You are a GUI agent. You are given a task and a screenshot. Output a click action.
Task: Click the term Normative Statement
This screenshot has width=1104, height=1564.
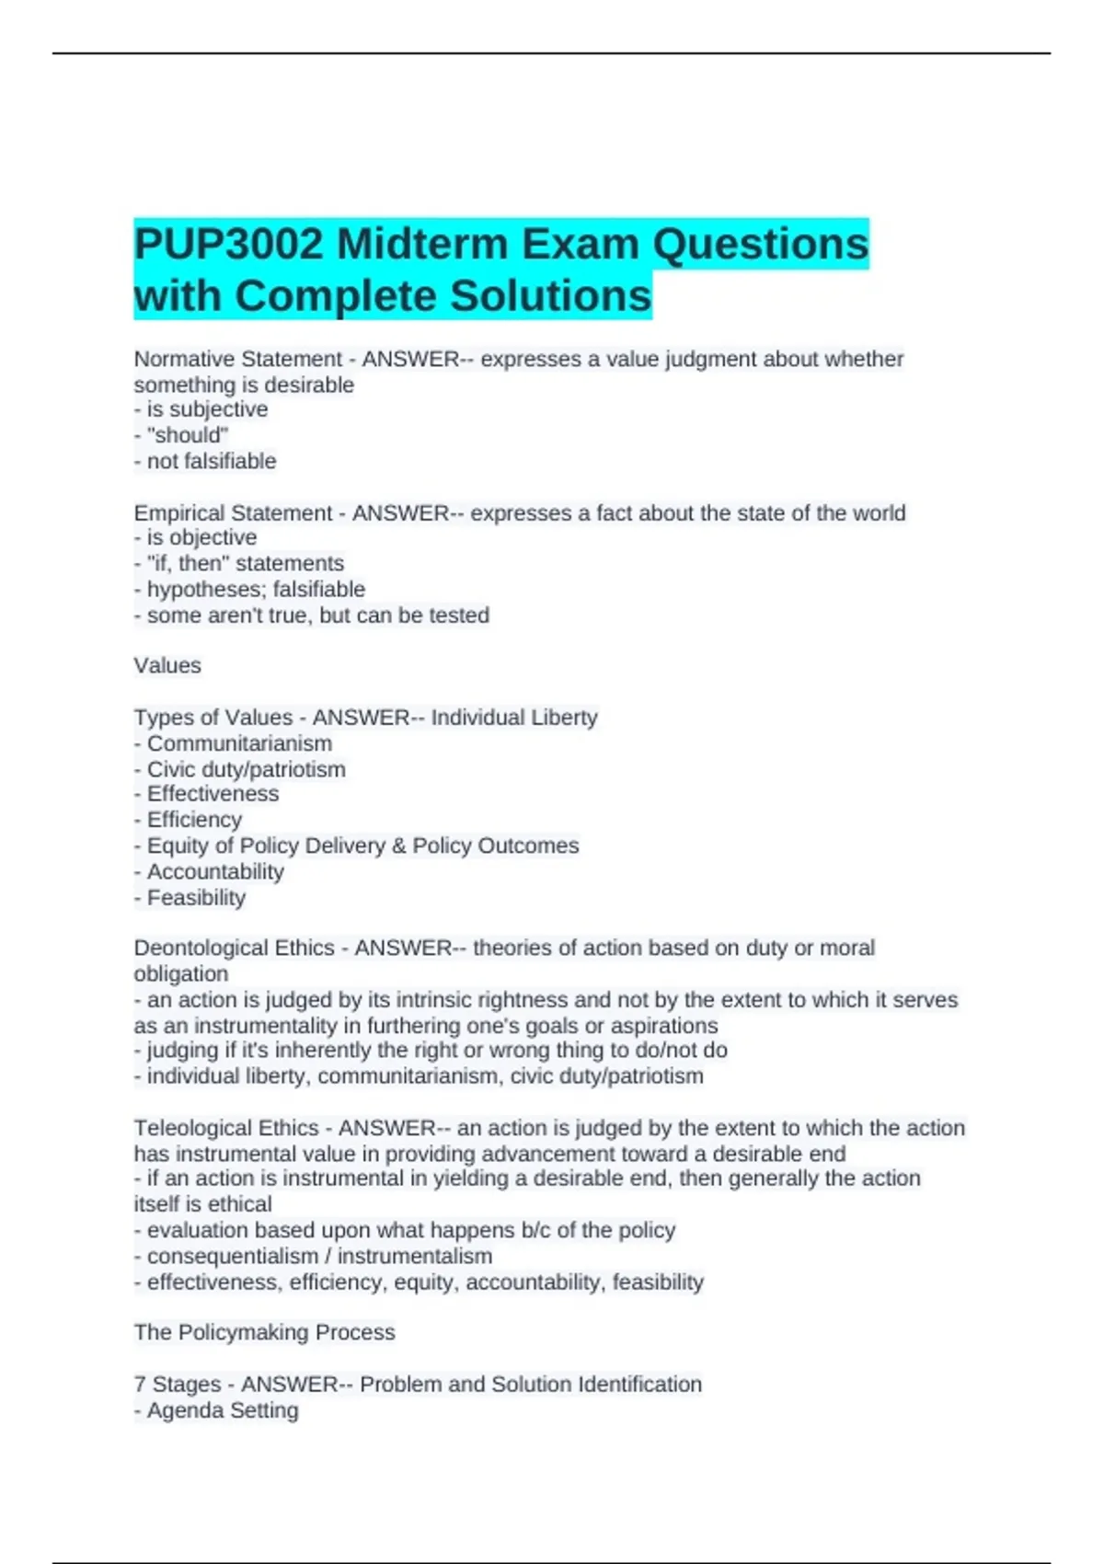point(237,359)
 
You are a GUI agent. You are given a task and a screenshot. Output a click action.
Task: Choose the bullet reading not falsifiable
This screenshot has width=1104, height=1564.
point(211,461)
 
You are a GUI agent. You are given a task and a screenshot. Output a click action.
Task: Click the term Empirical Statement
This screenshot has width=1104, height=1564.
point(233,512)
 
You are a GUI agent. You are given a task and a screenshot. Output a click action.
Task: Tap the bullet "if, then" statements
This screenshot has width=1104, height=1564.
point(245,563)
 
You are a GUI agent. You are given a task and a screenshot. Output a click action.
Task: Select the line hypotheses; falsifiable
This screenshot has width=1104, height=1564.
point(255,589)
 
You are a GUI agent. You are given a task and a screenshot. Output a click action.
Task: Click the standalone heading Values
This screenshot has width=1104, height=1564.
point(167,665)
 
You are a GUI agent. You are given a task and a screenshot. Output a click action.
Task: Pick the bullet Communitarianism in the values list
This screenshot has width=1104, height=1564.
point(239,743)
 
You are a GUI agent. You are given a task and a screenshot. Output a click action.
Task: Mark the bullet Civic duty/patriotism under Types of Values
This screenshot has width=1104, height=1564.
point(246,769)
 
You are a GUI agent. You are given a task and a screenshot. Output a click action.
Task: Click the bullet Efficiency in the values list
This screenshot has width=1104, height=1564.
point(194,820)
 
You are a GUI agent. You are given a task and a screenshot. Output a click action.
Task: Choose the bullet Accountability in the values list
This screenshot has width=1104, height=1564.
point(215,871)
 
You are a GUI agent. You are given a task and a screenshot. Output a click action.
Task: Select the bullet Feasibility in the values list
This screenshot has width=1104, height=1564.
point(196,897)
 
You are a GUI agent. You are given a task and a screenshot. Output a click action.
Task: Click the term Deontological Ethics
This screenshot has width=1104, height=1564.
point(234,948)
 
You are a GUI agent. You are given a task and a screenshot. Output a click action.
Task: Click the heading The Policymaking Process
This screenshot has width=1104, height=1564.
point(265,1332)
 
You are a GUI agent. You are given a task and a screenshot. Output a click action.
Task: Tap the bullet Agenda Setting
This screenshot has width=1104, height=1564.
point(223,1410)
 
